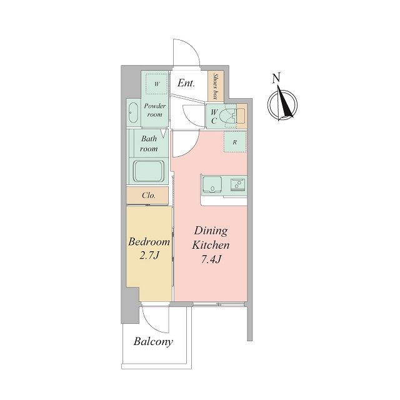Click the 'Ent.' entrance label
click(186, 83)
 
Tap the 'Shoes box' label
click(216, 86)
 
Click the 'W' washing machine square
click(157, 84)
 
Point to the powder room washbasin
click(133, 112)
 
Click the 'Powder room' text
click(155, 110)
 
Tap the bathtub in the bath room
click(149, 171)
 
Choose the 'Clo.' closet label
click(149, 196)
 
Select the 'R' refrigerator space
click(235, 142)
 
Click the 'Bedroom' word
click(149, 242)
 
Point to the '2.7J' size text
click(149, 255)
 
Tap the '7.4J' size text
click(211, 259)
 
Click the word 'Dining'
click(211, 231)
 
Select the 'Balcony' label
click(153, 342)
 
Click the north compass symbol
click(282, 104)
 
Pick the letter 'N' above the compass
click(276, 78)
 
